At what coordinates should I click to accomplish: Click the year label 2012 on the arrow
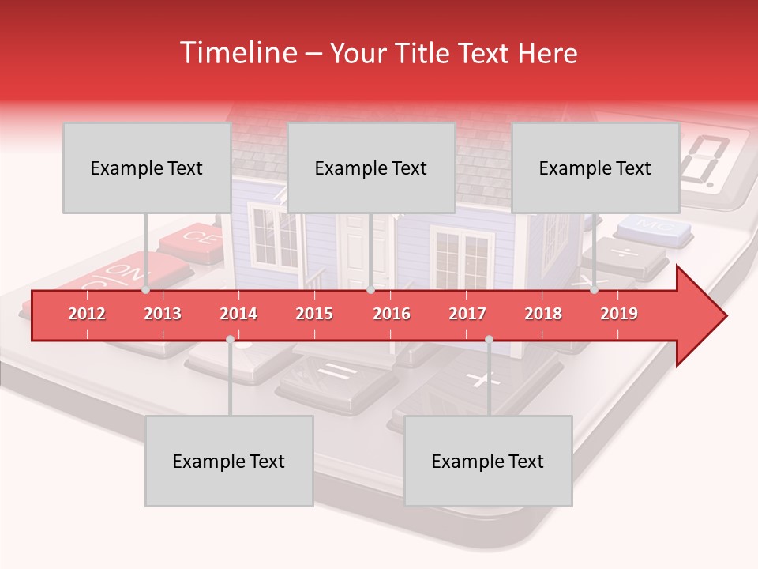pos(87,314)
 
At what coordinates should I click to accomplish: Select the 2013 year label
pos(163,314)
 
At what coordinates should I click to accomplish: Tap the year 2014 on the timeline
pos(238,314)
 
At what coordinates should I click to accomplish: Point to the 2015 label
pos(314,314)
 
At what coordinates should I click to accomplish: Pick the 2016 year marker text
pos(392,314)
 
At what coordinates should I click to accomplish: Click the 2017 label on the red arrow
pos(467,314)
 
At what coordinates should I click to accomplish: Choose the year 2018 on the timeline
pos(543,314)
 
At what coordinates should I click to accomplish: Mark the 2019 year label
pos(619,314)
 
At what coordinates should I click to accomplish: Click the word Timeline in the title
pos(236,53)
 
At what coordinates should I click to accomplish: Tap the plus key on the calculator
pos(478,379)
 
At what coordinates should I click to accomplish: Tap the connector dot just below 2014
pos(230,339)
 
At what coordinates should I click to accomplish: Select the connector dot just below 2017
pos(489,339)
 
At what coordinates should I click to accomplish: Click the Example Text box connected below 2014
pos(229,461)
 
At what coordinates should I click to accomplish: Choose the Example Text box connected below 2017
pos(488,461)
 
